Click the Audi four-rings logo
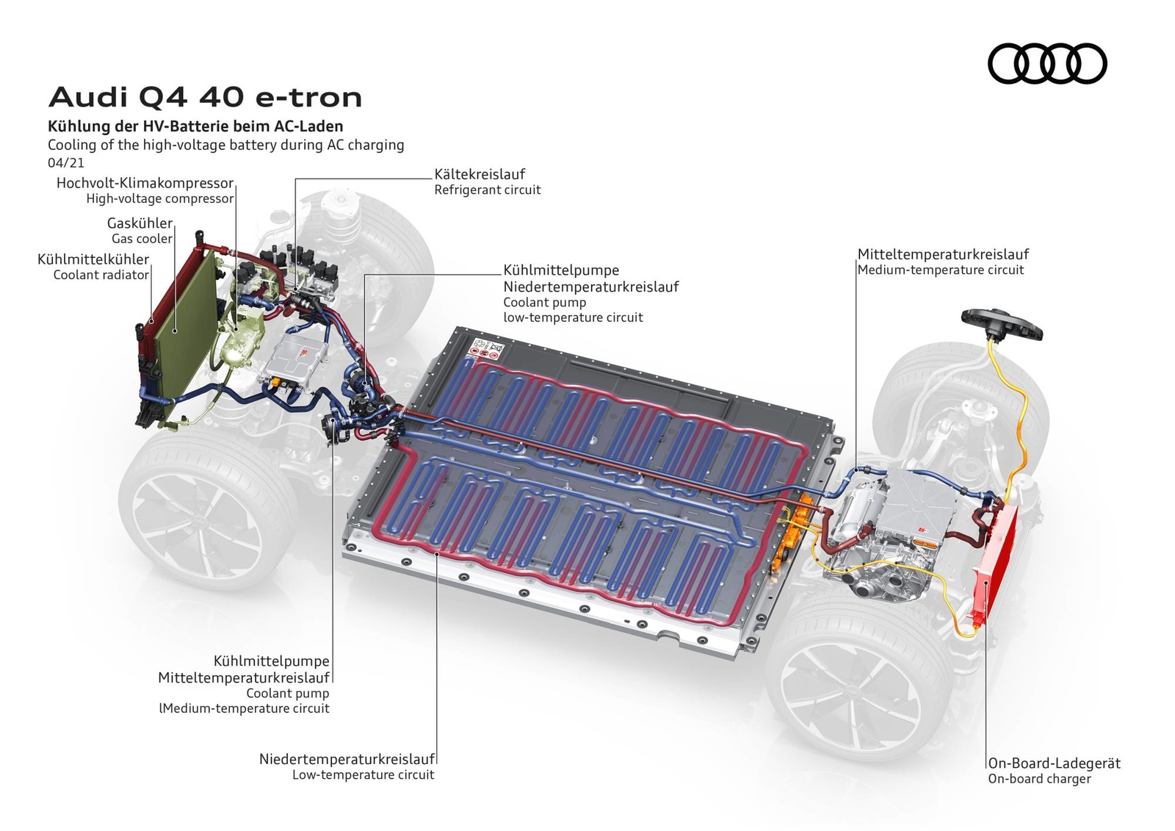(1047, 63)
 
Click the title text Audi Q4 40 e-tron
(205, 98)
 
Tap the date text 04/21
(65, 162)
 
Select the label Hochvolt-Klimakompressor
(145, 183)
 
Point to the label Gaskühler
(140, 223)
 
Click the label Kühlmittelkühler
(93, 259)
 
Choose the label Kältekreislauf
(480, 174)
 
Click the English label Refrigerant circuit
(488, 190)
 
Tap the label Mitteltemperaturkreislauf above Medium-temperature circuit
(943, 255)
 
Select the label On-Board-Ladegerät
(1055, 763)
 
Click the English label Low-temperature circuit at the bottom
(364, 775)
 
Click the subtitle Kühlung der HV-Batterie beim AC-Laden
(195, 126)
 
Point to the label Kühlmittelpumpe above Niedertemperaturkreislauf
(561, 270)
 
